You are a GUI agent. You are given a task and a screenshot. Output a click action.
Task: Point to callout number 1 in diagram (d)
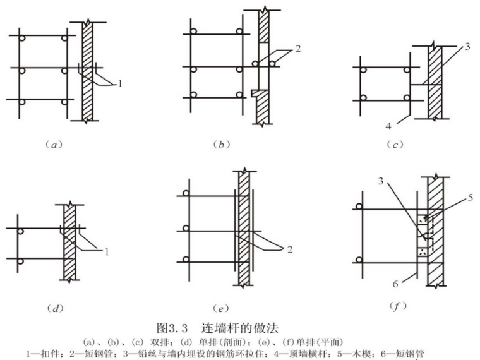coord(107,251)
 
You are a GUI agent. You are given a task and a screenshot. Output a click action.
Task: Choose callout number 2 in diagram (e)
coord(289,249)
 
